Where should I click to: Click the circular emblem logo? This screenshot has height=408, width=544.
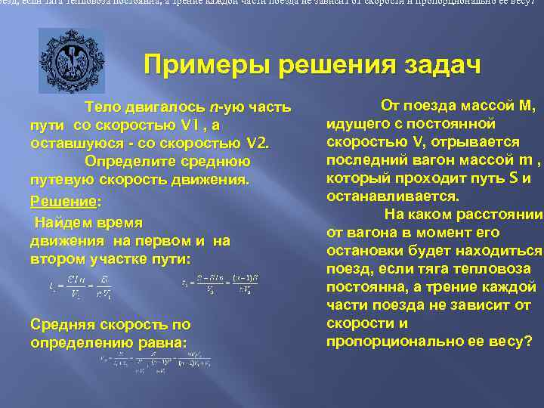pos(72,60)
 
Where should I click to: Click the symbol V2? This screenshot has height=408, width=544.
pos(258,143)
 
